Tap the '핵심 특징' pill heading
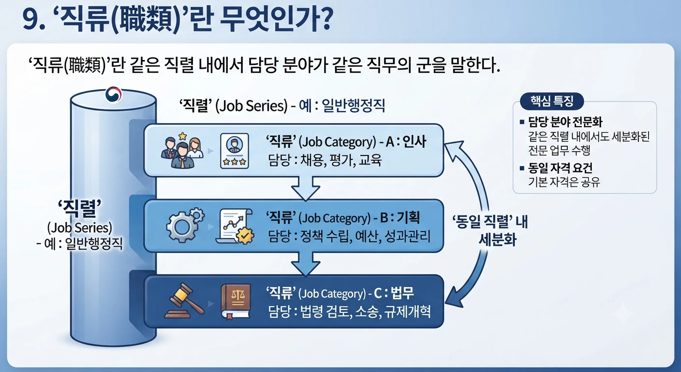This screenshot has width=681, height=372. click(x=552, y=101)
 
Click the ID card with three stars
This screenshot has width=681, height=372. click(x=235, y=151)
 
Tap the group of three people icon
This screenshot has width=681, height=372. click(x=182, y=150)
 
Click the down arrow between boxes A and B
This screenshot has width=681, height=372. click(x=306, y=188)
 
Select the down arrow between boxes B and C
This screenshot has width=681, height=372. click(x=306, y=263)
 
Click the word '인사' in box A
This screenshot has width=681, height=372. click(x=414, y=141)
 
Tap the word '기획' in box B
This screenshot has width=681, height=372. click(x=409, y=217)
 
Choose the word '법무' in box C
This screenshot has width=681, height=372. click(x=402, y=293)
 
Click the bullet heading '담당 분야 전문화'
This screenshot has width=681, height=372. click(x=565, y=122)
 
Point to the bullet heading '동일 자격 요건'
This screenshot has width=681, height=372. click(x=560, y=168)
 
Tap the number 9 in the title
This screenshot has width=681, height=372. click(x=30, y=20)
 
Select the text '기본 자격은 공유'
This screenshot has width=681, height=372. click(x=564, y=182)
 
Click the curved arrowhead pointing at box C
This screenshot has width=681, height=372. click(x=455, y=296)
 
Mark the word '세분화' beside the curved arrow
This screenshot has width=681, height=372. click(x=498, y=240)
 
